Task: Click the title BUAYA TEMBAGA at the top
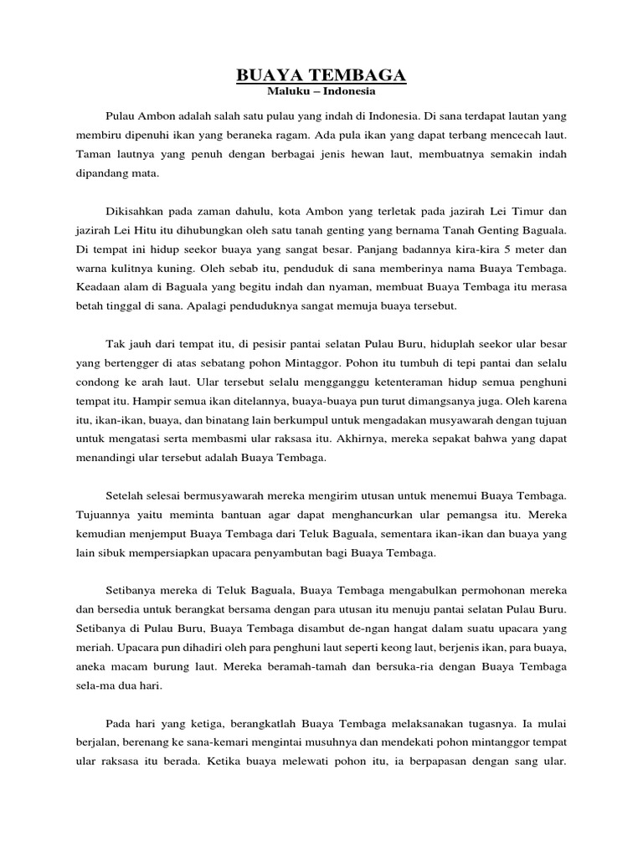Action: point(321,75)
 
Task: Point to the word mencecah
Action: point(508,135)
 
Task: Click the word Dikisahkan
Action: point(136,212)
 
